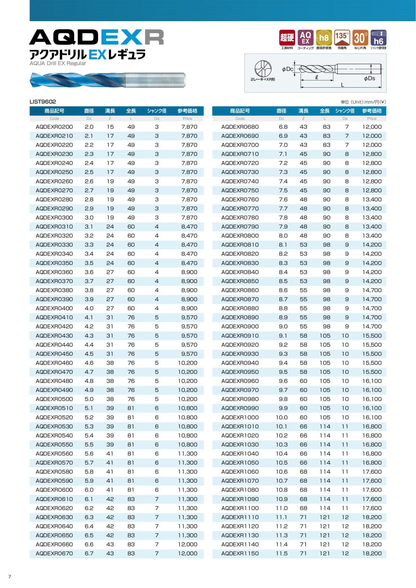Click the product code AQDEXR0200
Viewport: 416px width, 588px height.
point(54,127)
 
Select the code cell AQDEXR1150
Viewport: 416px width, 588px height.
point(240,553)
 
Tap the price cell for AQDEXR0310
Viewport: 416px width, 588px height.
point(189,227)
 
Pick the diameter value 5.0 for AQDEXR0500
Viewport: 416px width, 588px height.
point(89,399)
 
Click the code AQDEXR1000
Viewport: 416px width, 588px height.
point(240,417)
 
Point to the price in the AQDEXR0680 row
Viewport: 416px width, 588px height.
point(372,127)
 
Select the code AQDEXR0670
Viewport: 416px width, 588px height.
point(54,553)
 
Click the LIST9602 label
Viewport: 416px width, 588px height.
point(43,102)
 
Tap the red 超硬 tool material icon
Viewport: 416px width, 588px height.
point(287,37)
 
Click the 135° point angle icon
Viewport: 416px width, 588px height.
point(342,37)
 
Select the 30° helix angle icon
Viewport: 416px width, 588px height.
point(360,37)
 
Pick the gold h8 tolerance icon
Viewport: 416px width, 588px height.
point(324,37)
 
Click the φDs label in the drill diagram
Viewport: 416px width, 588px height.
point(370,78)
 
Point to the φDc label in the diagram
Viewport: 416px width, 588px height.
point(287,69)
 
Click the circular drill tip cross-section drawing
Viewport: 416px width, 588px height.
point(263,68)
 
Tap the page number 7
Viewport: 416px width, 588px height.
point(10,576)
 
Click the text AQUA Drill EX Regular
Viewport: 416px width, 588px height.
point(58,63)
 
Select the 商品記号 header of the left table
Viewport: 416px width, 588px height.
point(54,111)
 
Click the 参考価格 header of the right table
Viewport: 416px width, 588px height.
point(372,111)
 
